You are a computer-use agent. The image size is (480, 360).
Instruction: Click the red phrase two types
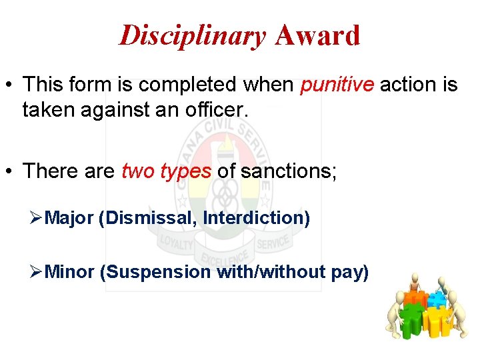[166, 171]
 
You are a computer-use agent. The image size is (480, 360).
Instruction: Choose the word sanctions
[288, 171]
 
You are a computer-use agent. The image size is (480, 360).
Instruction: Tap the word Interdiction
[256, 218]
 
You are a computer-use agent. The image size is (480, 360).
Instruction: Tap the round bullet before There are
[11, 171]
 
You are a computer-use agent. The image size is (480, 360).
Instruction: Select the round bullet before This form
[11, 85]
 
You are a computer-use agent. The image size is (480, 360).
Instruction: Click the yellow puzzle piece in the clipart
[438, 321]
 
